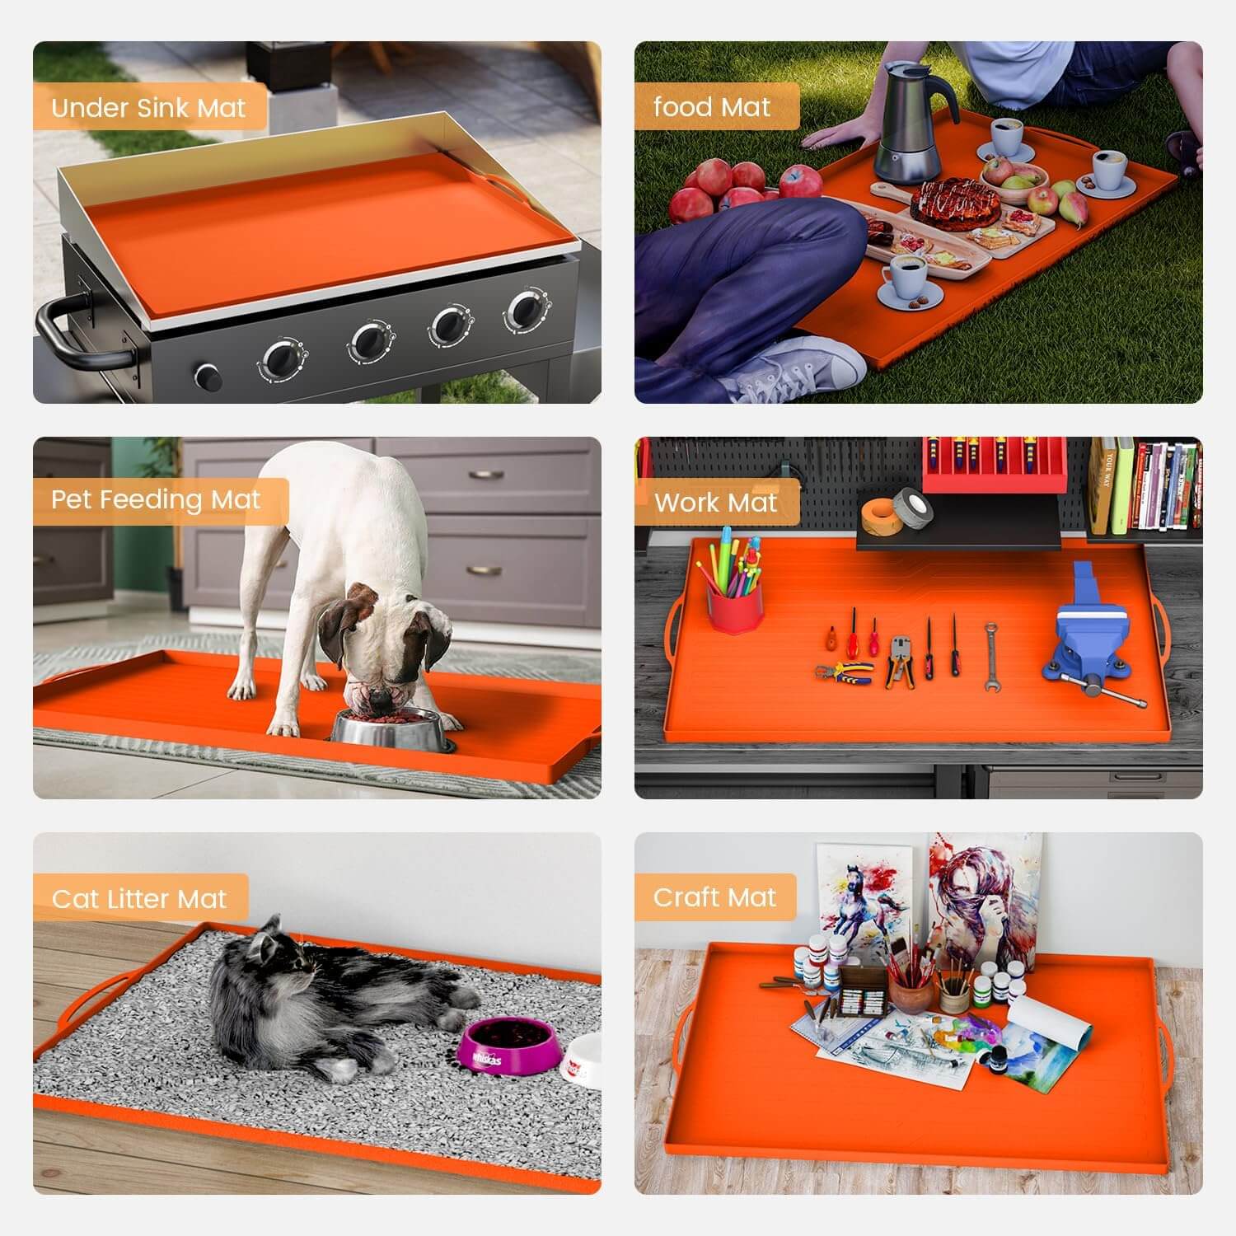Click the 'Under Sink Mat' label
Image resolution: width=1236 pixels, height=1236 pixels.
tap(148, 108)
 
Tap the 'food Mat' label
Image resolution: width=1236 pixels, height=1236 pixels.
tap(712, 107)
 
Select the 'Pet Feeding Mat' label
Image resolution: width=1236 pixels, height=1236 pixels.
tap(156, 499)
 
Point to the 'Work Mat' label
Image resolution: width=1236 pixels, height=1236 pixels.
tap(715, 503)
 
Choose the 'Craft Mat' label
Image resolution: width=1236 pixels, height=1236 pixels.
tap(714, 897)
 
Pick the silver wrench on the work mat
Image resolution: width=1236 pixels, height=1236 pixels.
tap(991, 655)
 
